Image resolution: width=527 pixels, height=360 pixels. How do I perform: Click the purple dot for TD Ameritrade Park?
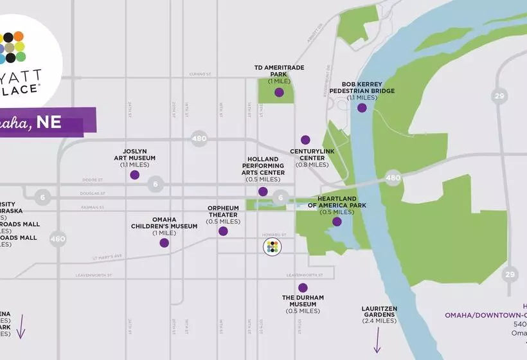pyautogui.click(x=279, y=93)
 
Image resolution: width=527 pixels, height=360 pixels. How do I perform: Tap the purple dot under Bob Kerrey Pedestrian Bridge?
pyautogui.click(x=362, y=108)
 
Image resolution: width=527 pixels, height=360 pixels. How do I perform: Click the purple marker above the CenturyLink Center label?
pyautogui.click(x=305, y=139)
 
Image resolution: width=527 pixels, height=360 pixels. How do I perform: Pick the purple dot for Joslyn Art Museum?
pyautogui.click(x=134, y=174)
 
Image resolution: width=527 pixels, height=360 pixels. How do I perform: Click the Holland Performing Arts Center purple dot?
pyautogui.click(x=263, y=192)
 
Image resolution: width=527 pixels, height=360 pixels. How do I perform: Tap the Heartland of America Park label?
pyautogui.click(x=337, y=205)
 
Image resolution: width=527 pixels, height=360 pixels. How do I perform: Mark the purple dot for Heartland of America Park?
pyautogui.click(x=337, y=222)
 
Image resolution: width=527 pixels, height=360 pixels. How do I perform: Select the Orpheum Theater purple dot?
pyautogui.click(x=223, y=231)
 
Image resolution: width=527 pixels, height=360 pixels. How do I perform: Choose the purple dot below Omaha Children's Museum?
pyautogui.click(x=164, y=243)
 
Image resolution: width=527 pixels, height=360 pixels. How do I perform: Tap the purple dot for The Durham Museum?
pyautogui.click(x=303, y=287)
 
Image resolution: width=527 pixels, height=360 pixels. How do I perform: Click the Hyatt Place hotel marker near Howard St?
pyautogui.click(x=272, y=247)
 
